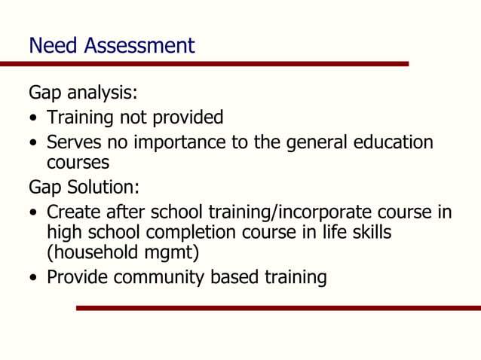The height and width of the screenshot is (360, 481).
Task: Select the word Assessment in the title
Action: [x=139, y=46]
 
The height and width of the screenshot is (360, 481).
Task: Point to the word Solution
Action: [x=102, y=186]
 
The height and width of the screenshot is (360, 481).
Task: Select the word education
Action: [x=390, y=142]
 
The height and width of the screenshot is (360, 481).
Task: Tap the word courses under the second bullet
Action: [x=78, y=163]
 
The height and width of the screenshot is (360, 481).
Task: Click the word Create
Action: [x=76, y=212]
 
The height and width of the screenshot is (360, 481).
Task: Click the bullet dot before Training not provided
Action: [x=34, y=119]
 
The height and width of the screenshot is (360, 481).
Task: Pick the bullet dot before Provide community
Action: [x=34, y=279]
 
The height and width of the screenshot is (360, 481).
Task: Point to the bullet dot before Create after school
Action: [x=34, y=214]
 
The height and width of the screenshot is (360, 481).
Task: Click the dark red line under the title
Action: [x=204, y=64]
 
